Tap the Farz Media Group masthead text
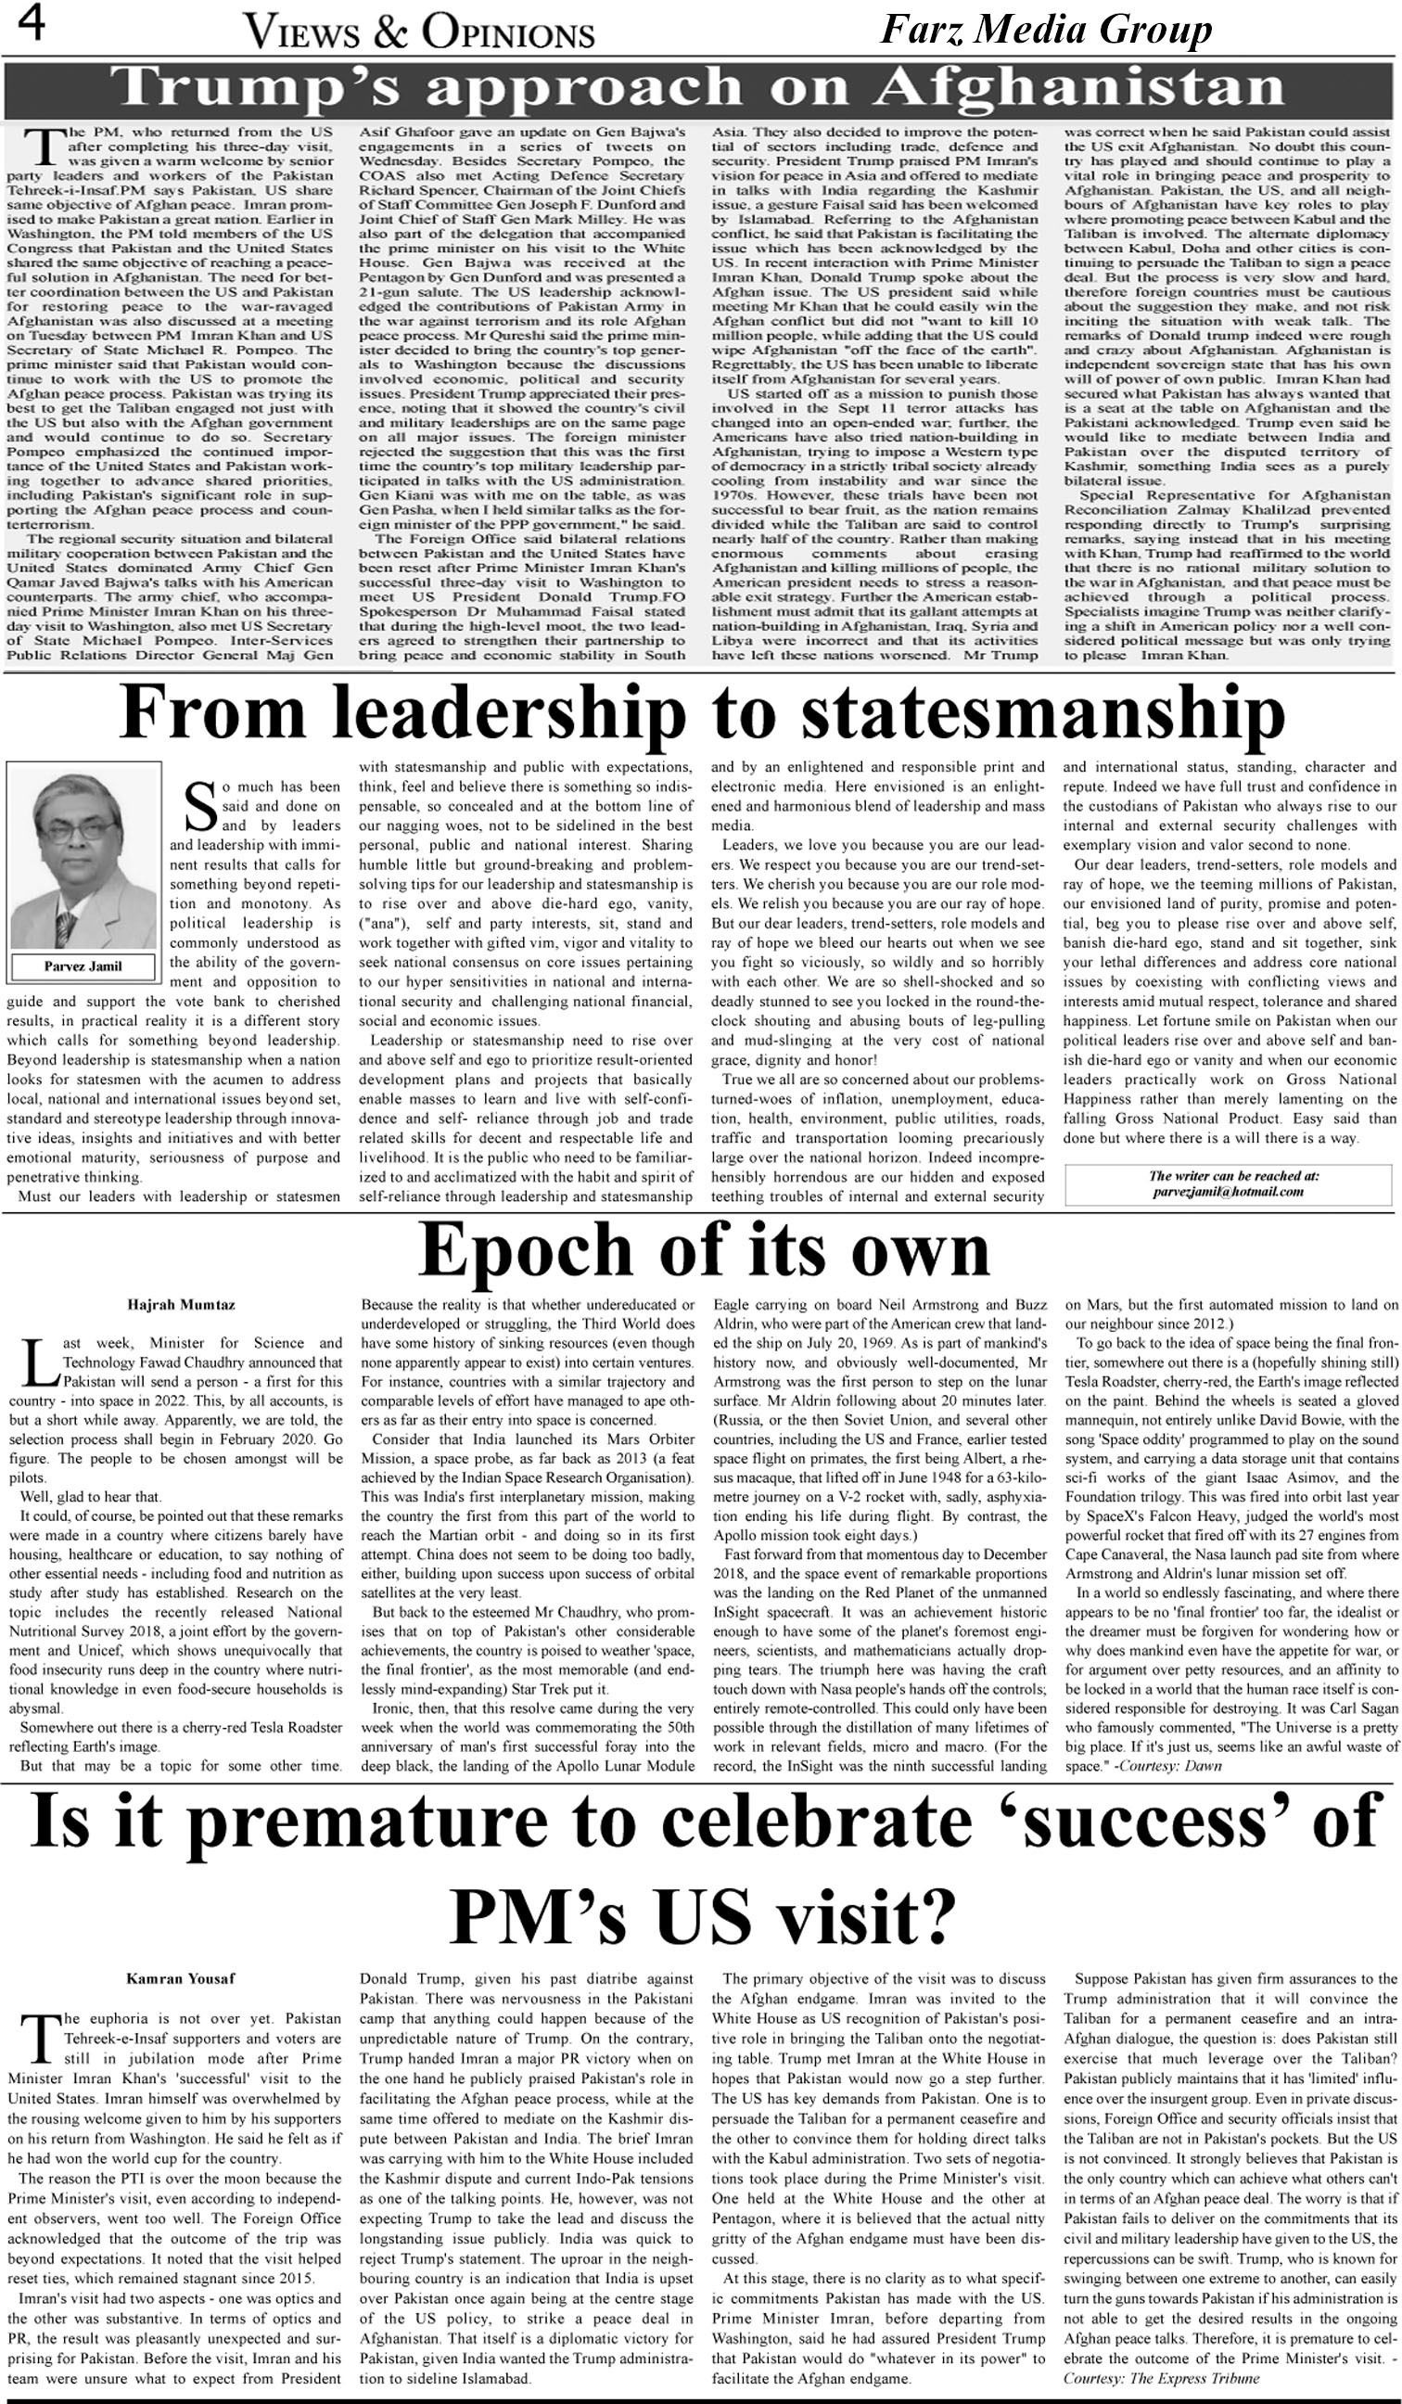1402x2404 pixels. click(1045, 32)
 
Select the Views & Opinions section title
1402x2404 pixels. click(420, 33)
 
